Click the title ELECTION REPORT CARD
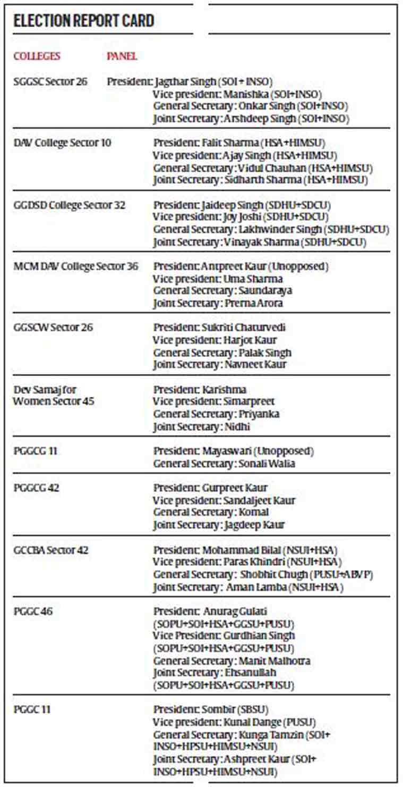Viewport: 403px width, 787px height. (x=84, y=21)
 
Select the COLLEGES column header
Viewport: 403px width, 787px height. (x=37, y=56)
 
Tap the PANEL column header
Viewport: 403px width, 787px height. (x=122, y=56)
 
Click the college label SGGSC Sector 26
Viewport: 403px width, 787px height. (x=50, y=82)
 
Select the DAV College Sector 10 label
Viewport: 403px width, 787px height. (x=63, y=143)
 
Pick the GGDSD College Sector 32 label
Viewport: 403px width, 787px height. (x=70, y=205)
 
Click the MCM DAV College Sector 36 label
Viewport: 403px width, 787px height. (x=76, y=266)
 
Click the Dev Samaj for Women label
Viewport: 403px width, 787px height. (x=54, y=395)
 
